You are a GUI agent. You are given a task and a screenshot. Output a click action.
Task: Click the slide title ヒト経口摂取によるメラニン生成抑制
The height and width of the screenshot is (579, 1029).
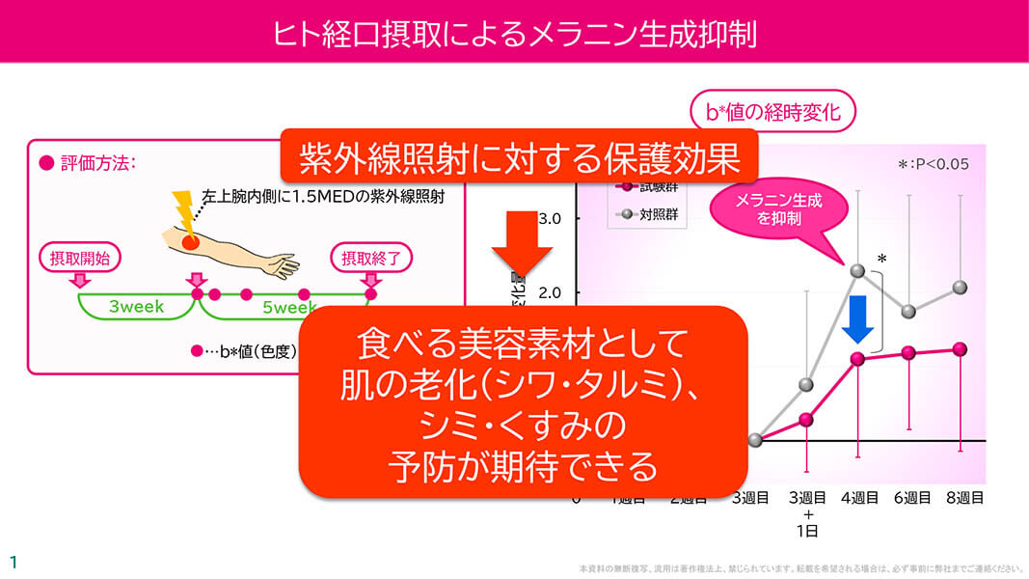(x=514, y=32)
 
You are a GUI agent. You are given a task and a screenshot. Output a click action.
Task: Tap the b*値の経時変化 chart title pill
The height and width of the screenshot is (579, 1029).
(x=773, y=113)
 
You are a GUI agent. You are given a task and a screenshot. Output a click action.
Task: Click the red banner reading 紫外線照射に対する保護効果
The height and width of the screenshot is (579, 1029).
(x=519, y=155)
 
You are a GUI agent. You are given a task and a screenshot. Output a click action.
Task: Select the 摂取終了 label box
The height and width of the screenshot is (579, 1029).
(x=371, y=258)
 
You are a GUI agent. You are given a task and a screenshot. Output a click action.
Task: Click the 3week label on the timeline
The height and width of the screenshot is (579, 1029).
(x=136, y=308)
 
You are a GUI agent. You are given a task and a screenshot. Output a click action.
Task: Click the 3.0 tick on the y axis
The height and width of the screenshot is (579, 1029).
(x=550, y=219)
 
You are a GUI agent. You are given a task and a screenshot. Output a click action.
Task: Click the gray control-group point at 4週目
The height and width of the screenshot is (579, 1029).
(x=857, y=271)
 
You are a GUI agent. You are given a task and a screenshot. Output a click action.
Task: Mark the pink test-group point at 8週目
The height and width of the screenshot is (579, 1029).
(x=959, y=348)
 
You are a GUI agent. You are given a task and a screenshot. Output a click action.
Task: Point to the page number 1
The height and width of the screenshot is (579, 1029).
(x=14, y=562)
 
